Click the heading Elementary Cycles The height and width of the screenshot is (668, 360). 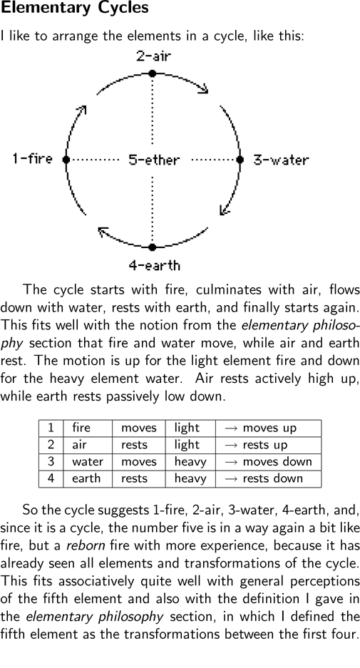click(75, 8)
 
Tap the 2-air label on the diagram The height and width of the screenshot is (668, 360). click(153, 56)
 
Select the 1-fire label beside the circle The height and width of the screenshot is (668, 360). click(32, 159)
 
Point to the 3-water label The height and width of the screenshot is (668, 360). click(281, 160)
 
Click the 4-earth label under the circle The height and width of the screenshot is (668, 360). click(155, 265)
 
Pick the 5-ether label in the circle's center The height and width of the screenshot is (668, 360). click(154, 160)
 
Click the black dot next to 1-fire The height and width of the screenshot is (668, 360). click(66, 159)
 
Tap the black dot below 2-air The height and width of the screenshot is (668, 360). click(152, 73)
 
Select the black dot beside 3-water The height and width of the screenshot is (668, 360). click(240, 159)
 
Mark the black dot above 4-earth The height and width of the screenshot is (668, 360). click(152, 247)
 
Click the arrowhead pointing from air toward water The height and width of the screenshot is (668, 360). click(204, 88)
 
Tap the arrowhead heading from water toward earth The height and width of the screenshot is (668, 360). click(224, 210)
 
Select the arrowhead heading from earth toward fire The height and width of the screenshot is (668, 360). click(103, 232)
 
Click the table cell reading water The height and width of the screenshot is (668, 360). click(88, 462)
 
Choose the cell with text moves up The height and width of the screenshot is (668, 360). click(269, 428)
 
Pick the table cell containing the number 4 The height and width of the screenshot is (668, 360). click(51, 478)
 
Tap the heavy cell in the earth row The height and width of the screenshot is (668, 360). click(190, 478)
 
